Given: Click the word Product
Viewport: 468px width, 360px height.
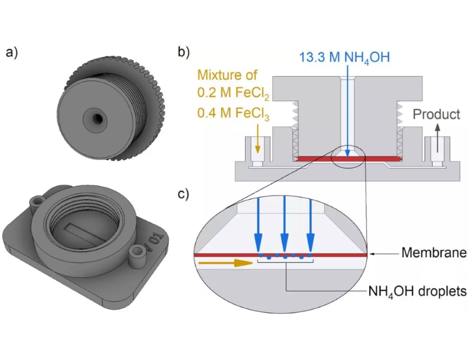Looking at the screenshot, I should click(x=436, y=115).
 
